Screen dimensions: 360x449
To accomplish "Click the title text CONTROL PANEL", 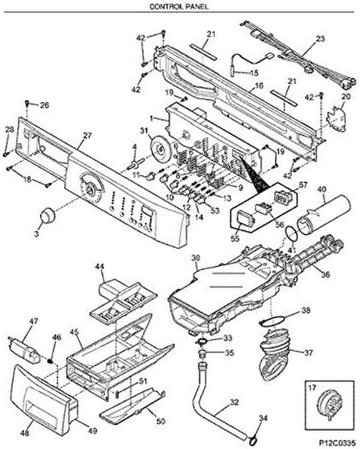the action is (179, 6).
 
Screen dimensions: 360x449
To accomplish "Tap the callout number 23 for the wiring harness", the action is (320, 38).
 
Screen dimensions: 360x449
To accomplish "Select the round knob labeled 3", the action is (47, 215).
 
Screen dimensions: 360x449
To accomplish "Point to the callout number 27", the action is (87, 136).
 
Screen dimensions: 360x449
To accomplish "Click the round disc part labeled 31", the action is (161, 149).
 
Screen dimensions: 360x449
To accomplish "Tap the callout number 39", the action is (196, 258).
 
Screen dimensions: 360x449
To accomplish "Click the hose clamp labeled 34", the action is (253, 438).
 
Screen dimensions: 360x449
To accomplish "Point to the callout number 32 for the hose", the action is (234, 402).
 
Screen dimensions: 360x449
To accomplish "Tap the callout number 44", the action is (100, 267).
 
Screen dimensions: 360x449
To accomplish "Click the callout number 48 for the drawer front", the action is (25, 433).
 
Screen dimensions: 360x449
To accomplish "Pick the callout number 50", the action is (161, 421).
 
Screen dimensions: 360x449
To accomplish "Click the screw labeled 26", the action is (27, 102).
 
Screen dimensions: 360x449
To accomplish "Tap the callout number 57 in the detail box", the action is (302, 185).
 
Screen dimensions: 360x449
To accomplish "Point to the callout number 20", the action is (346, 97).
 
